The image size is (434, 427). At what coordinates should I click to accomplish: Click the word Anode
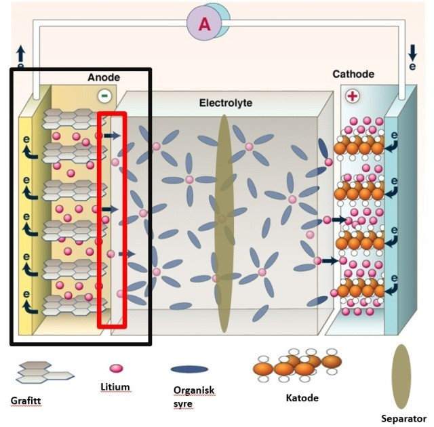[x=104, y=78]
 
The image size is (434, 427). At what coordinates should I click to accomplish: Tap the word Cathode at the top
[x=353, y=74]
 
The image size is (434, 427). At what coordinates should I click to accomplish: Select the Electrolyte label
[x=226, y=103]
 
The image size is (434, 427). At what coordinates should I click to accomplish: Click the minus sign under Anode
[x=104, y=95]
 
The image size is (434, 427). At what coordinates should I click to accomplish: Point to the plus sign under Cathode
[x=352, y=96]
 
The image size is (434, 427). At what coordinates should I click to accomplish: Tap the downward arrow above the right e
[x=413, y=52]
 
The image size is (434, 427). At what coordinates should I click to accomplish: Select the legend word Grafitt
[x=26, y=401]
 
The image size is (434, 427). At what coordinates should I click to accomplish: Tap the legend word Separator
[x=403, y=419]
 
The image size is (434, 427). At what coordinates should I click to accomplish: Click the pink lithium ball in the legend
[x=116, y=368]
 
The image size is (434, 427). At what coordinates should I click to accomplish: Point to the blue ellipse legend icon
[x=189, y=369]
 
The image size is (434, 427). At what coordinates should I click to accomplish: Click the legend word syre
[x=182, y=404]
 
